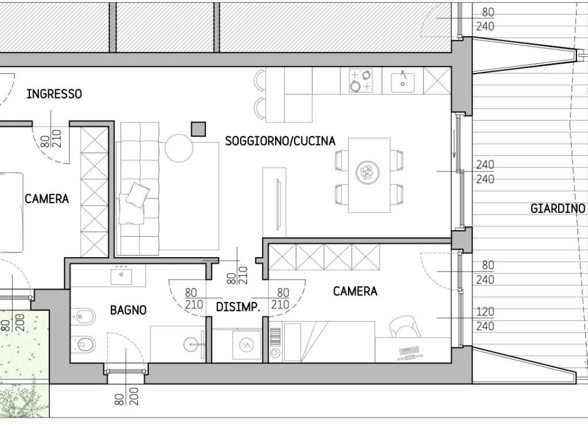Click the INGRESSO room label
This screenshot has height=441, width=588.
pos(54,94)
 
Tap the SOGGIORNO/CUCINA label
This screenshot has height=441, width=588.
pos(280,141)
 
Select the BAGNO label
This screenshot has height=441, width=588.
pos(128,310)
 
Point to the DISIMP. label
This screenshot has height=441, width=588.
pos(238,307)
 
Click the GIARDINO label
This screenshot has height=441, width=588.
pos(558,208)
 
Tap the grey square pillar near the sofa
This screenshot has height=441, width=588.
pos(198,129)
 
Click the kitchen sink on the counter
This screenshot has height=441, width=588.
pos(403,83)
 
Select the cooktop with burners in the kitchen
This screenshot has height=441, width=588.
pos(361,80)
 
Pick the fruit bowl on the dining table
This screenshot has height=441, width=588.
pos(367,172)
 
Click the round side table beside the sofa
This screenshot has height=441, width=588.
pos(179,148)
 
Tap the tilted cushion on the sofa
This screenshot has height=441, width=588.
pos(137,195)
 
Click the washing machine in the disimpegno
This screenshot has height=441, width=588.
pos(246,345)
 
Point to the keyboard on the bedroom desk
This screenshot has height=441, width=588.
pos(409,352)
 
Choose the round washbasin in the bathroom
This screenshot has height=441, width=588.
pos(193,345)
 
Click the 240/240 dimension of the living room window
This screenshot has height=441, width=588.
pos(485,172)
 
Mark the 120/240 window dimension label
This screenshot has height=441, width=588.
pos(485,319)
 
